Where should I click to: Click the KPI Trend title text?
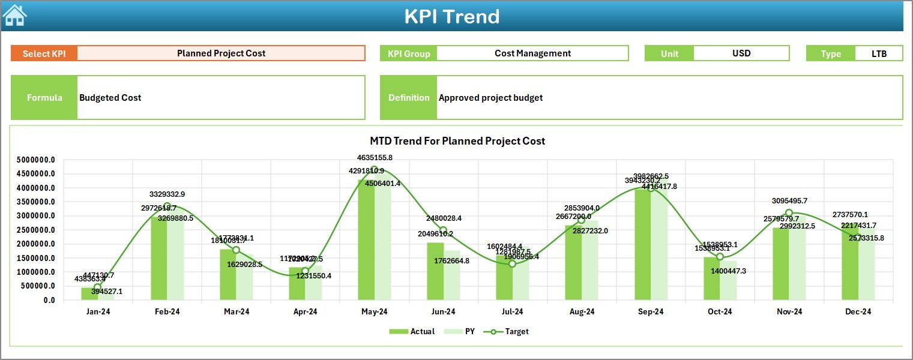[x=451, y=16]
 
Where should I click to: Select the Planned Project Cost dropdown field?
[x=221, y=53]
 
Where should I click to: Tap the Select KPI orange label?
[x=44, y=53]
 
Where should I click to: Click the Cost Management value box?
[x=532, y=53]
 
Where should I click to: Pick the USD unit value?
[x=741, y=53]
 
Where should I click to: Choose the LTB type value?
[x=879, y=53]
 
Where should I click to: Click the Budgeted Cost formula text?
[x=110, y=98]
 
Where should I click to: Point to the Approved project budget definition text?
[x=490, y=98]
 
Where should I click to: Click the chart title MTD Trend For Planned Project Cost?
[x=457, y=141]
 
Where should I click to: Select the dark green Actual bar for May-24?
[x=366, y=240]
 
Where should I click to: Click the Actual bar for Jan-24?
[x=89, y=293]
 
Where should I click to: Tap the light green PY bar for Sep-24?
[x=659, y=246]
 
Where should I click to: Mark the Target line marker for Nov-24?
[x=789, y=213]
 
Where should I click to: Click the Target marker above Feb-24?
[x=167, y=206]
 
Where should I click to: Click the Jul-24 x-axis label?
[x=512, y=312]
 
